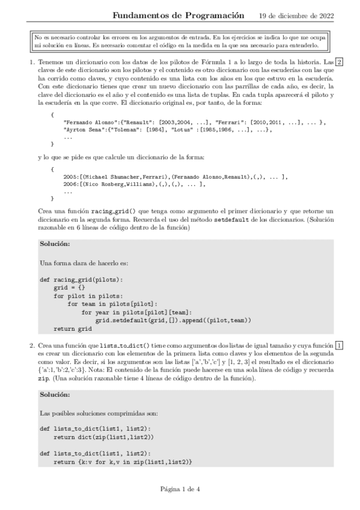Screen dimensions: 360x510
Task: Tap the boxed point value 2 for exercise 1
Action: coord(340,62)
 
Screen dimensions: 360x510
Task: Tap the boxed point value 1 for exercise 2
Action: coord(340,345)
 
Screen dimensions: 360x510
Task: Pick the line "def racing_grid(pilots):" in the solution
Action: coord(81,280)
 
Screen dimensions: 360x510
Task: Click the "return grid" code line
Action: coord(72,329)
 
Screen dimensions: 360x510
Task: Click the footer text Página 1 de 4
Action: coord(180,488)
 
